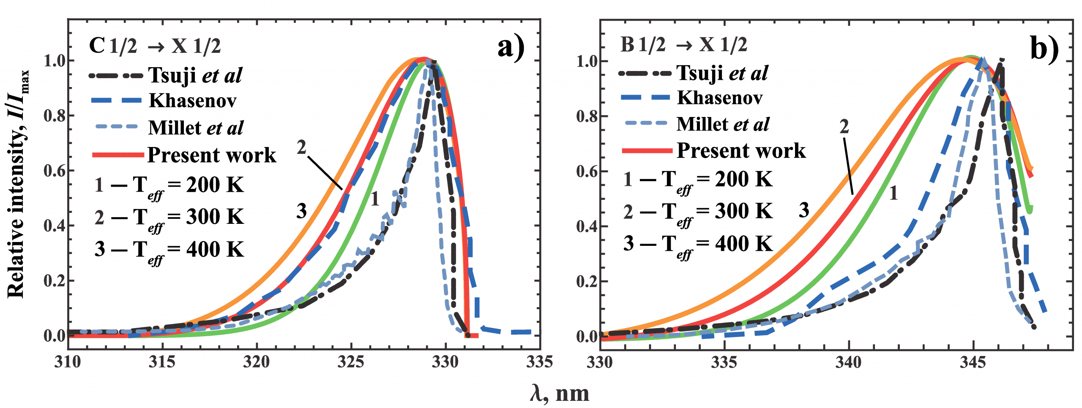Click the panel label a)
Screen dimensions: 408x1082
(x=511, y=47)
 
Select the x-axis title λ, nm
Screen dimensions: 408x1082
(x=559, y=394)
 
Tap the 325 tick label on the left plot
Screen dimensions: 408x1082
(x=351, y=362)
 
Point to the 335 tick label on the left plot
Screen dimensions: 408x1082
(x=539, y=362)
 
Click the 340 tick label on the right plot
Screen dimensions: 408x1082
(x=849, y=362)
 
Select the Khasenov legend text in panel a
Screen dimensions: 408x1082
(x=193, y=101)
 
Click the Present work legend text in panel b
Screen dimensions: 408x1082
(x=741, y=151)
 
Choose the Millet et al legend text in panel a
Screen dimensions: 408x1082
(x=196, y=128)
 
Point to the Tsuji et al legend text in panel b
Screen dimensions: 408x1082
(x=722, y=73)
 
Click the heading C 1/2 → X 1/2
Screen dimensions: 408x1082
(x=155, y=46)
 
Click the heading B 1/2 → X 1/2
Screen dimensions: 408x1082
(x=683, y=45)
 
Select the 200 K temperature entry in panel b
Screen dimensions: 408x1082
(x=698, y=180)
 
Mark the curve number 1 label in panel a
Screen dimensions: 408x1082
(x=374, y=199)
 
